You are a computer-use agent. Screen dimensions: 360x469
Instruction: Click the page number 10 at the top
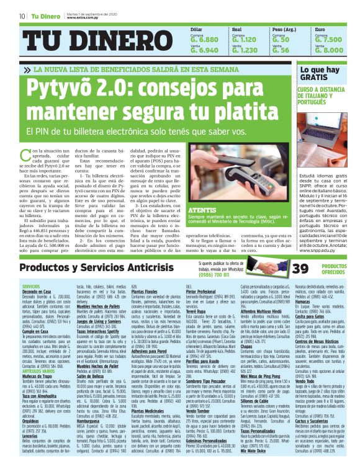[x=22, y=16]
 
